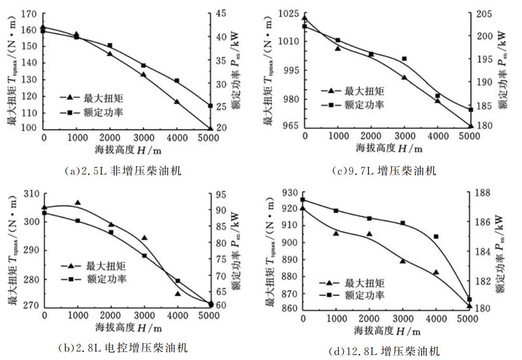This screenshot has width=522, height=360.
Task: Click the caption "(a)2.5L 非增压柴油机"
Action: click(x=123, y=171)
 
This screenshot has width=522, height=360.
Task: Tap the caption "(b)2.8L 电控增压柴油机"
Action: click(x=123, y=347)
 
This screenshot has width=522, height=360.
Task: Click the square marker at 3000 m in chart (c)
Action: click(x=404, y=59)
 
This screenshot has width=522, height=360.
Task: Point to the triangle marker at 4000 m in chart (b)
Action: click(x=178, y=294)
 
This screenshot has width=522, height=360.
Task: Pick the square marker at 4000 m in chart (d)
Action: click(x=436, y=236)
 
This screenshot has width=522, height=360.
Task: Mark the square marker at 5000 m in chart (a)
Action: click(x=211, y=106)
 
